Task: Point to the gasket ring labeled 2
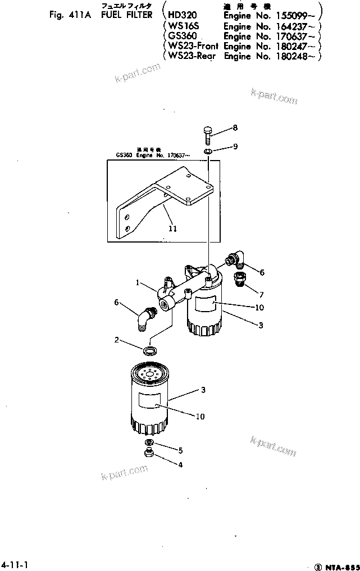[149, 351]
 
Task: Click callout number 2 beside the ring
[116, 340]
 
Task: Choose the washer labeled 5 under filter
[150, 443]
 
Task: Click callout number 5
[181, 450]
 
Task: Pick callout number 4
[181, 464]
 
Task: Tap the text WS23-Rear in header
[191, 56]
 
